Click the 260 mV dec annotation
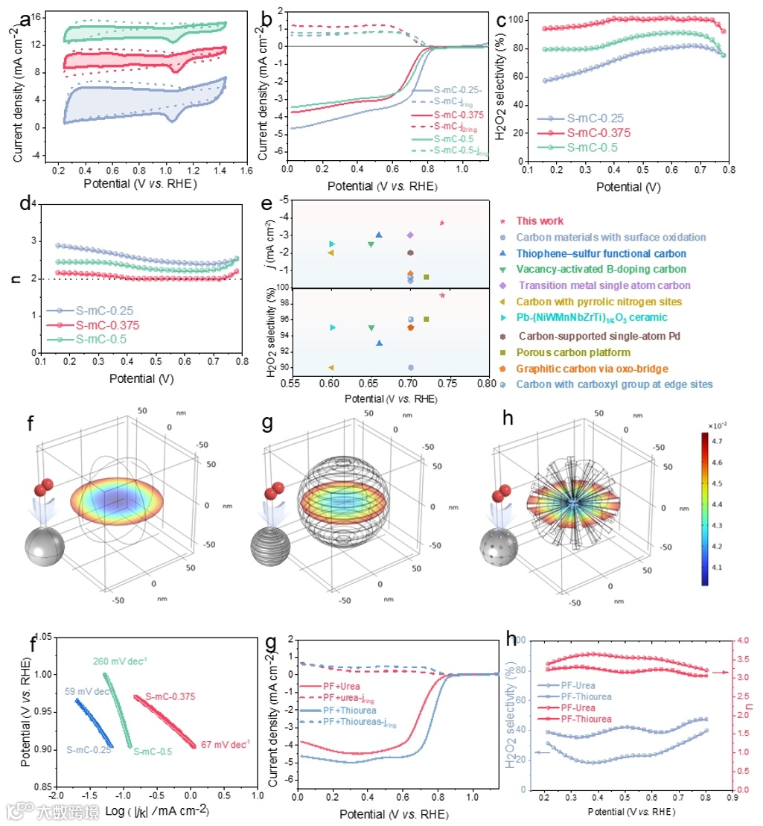(x=120, y=660)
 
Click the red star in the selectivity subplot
(x=442, y=296)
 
